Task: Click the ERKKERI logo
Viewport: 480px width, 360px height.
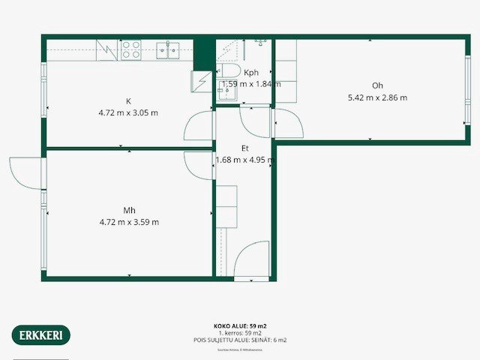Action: (x=40, y=334)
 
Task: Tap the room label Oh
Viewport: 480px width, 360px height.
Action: (x=377, y=85)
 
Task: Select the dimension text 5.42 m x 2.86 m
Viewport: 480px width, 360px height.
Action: (x=377, y=97)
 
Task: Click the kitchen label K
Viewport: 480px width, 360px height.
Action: (x=129, y=101)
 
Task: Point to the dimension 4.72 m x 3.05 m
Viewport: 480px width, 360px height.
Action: (x=129, y=113)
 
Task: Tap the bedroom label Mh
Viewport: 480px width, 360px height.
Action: (x=129, y=210)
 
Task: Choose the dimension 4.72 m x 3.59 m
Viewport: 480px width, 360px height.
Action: (x=129, y=222)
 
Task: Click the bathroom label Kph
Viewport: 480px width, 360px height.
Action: (x=251, y=73)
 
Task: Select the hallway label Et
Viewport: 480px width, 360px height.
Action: (x=244, y=148)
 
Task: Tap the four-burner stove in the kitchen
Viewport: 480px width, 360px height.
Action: (x=131, y=49)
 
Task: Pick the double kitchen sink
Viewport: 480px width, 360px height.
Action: (x=167, y=50)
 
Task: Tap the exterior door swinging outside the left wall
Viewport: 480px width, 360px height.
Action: (x=25, y=171)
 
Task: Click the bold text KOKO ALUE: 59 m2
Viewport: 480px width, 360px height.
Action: (x=240, y=326)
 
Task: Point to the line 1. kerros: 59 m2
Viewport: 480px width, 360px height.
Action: (x=240, y=333)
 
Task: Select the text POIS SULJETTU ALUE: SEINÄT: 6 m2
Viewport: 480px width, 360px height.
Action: (x=240, y=340)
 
